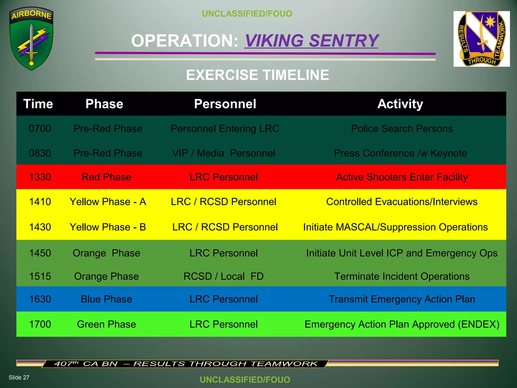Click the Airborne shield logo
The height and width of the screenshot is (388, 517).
click(31, 38)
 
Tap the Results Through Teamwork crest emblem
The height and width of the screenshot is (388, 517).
click(481, 39)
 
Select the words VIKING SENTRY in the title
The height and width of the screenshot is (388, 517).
click(311, 41)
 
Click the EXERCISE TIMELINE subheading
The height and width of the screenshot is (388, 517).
click(257, 75)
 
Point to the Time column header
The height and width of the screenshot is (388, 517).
click(38, 104)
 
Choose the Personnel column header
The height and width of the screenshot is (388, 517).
click(225, 104)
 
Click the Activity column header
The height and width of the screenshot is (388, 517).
click(400, 104)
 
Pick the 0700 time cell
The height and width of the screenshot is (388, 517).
click(40, 129)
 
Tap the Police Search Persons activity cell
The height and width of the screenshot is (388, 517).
click(402, 129)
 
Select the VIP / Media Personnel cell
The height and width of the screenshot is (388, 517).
click(223, 153)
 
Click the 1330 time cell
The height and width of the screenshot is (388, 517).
click(40, 177)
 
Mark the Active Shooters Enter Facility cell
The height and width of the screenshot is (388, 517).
click(402, 177)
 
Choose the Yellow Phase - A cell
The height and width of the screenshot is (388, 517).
click(108, 202)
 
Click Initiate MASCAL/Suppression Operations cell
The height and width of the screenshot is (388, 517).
click(395, 227)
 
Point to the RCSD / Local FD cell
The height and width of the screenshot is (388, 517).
click(223, 276)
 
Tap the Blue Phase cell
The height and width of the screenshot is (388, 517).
click(106, 299)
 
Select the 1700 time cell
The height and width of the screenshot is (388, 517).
click(40, 324)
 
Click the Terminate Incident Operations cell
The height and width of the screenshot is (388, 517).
click(402, 276)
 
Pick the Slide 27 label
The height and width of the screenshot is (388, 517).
click(19, 377)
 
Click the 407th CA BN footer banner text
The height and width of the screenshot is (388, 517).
click(186, 364)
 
